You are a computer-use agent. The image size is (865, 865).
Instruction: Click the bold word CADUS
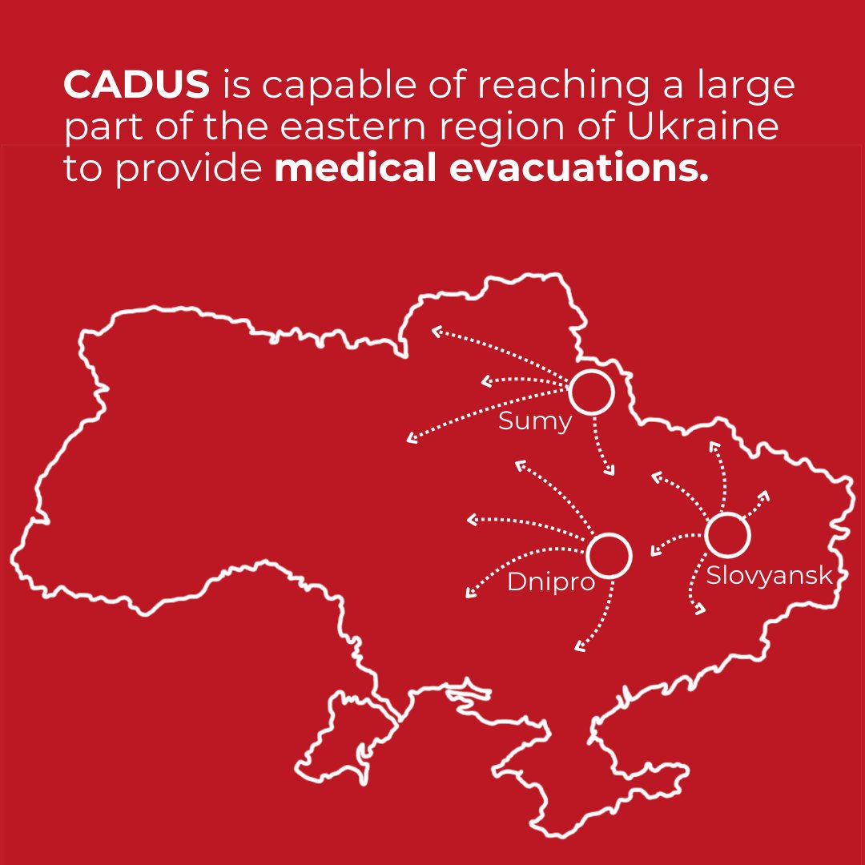[x=136, y=84]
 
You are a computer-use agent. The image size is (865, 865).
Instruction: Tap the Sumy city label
[x=534, y=421]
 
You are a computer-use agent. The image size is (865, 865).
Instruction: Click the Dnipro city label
[x=551, y=582]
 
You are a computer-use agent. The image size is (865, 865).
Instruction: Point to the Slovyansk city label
[x=768, y=575]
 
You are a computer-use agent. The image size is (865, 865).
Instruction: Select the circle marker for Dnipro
[x=609, y=555]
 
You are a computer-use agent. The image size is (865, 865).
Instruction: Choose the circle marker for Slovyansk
[x=727, y=535]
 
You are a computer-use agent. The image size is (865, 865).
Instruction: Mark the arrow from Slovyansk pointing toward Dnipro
[x=677, y=541]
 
